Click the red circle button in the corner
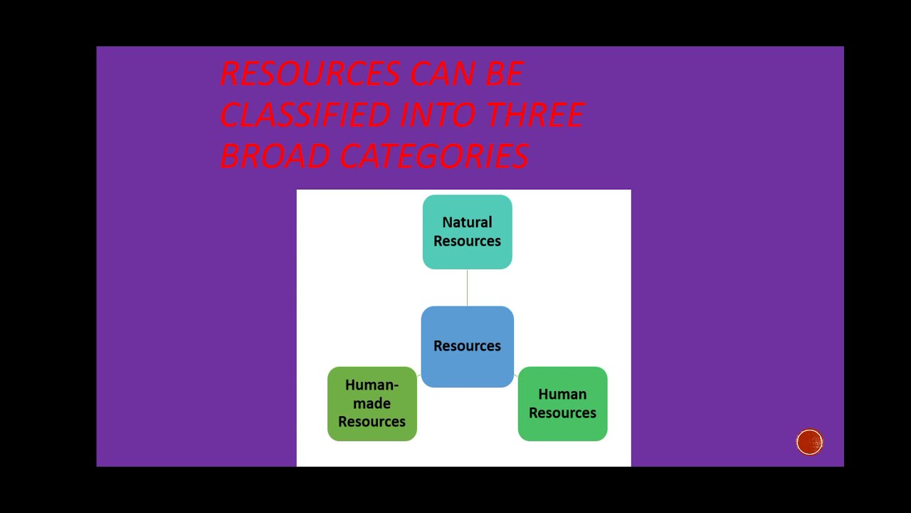[x=809, y=442]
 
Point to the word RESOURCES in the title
[x=310, y=74]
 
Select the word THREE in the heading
[x=535, y=115]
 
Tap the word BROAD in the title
[x=274, y=156]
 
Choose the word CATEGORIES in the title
[x=433, y=156]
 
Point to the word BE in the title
[x=504, y=74]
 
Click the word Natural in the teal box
[x=467, y=222]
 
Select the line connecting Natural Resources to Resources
[x=467, y=288]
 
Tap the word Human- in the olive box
[x=372, y=385]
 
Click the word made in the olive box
[x=372, y=403]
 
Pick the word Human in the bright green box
[x=562, y=394]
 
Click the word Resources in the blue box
[x=467, y=346]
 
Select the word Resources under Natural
[x=467, y=241]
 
